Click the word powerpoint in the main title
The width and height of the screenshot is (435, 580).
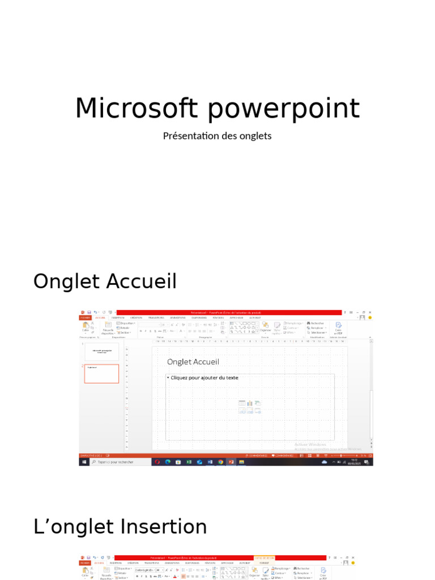[x=279, y=109]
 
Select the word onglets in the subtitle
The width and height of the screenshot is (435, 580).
[x=256, y=136]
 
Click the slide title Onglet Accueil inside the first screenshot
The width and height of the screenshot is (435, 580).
[x=193, y=362]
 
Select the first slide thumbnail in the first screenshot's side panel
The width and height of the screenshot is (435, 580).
[x=102, y=352]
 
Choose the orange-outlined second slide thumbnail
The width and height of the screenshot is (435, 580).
[x=102, y=373]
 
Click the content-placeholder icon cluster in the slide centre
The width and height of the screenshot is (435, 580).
[x=250, y=407]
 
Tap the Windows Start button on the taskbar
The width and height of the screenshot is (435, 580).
[x=84, y=462]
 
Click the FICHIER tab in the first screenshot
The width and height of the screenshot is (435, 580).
[x=85, y=318]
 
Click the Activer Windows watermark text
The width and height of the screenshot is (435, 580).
[x=310, y=445]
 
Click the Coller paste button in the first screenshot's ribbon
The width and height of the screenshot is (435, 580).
[x=86, y=327]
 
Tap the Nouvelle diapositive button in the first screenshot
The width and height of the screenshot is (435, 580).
[x=108, y=328]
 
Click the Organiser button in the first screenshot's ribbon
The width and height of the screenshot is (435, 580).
[x=265, y=327]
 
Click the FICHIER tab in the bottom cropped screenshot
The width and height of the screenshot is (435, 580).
[x=85, y=563]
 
